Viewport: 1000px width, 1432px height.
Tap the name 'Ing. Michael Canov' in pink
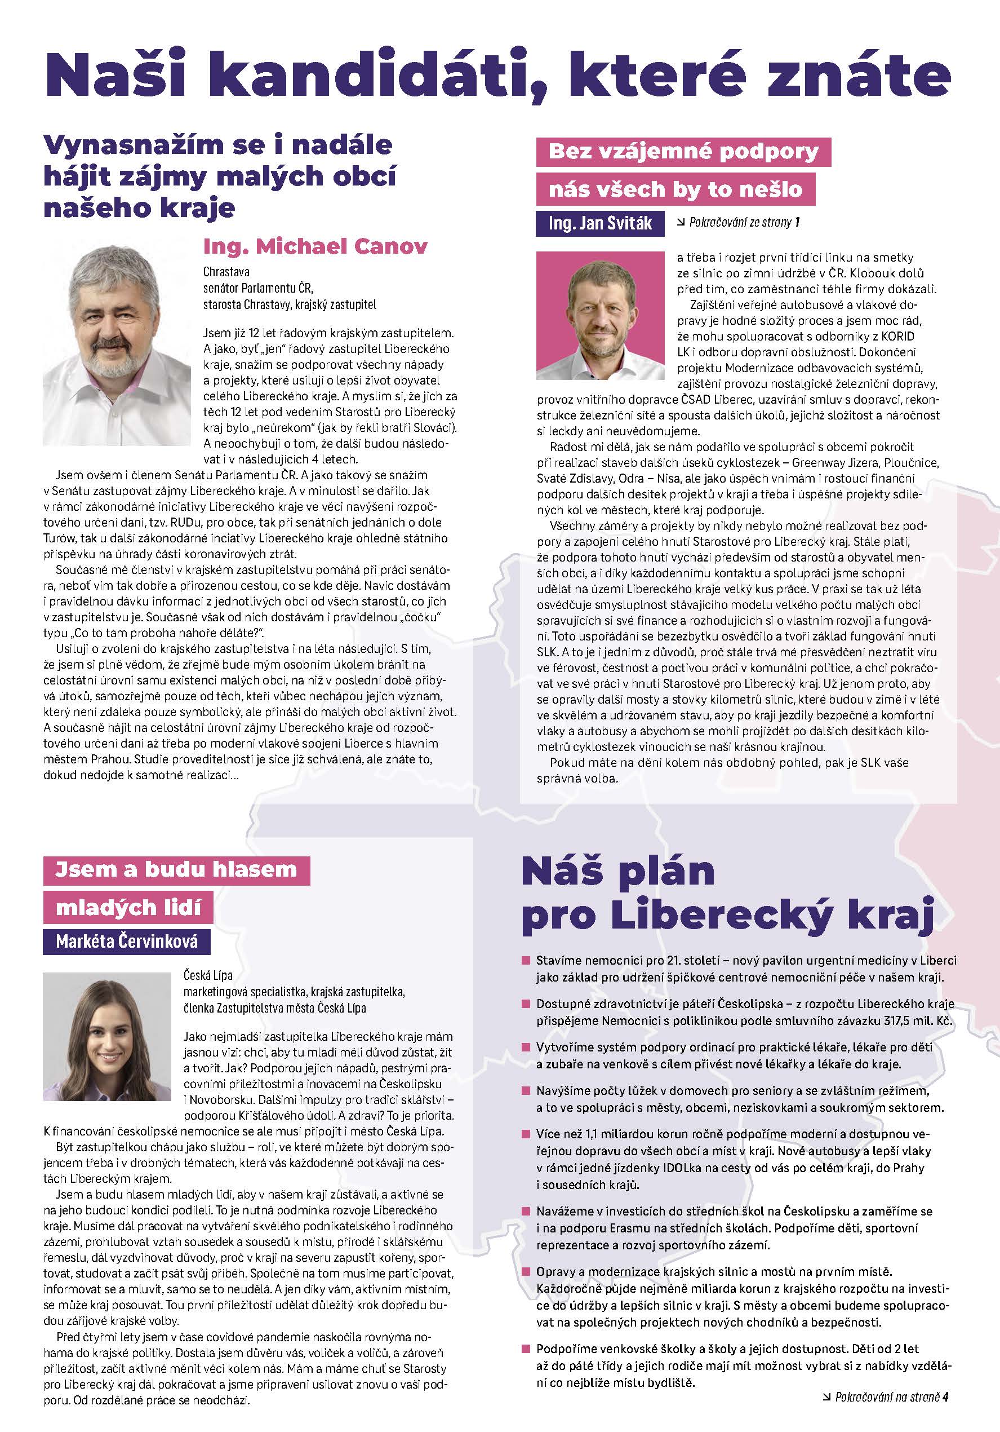tap(315, 246)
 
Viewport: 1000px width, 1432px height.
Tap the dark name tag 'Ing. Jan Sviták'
tap(600, 223)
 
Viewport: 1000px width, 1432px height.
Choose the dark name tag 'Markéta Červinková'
tap(127, 941)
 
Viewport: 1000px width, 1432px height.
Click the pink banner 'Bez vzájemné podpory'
tap(683, 152)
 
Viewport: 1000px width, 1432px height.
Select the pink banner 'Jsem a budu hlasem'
tap(176, 870)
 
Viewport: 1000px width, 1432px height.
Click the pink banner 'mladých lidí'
tap(128, 908)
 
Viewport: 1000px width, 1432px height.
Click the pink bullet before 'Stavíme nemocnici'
tap(526, 961)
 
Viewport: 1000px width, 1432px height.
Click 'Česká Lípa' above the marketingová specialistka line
tap(208, 975)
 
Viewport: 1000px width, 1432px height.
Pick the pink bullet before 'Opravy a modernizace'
tap(526, 1271)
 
